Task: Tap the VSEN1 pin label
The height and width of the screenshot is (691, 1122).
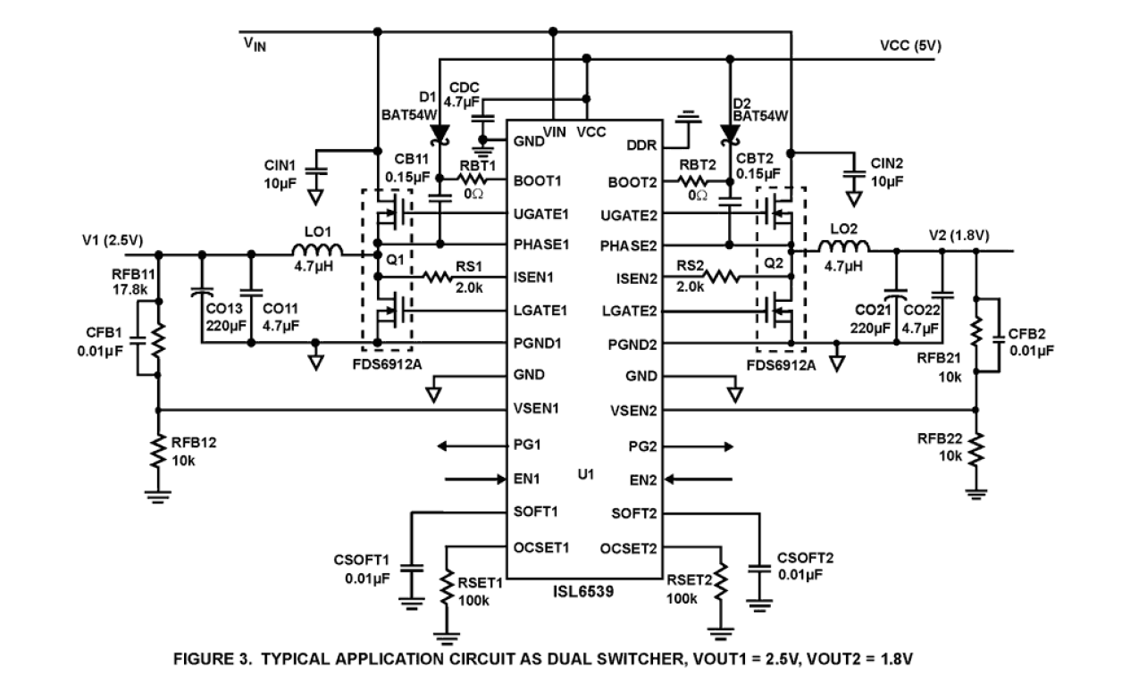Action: (539, 410)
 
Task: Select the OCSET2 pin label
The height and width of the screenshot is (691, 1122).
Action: (630, 547)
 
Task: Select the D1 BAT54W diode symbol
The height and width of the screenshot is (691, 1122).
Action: (440, 133)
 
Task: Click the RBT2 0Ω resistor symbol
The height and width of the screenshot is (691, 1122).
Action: (698, 179)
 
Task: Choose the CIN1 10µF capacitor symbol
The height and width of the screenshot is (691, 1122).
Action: (314, 168)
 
